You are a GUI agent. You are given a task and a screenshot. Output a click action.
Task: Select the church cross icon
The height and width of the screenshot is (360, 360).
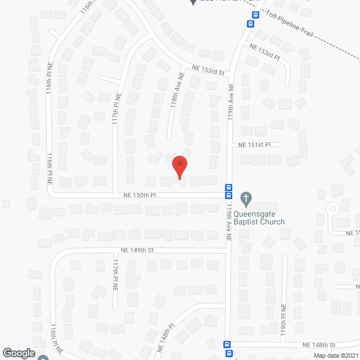click(245, 198)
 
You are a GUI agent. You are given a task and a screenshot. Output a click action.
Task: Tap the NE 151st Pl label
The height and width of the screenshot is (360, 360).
click(254, 145)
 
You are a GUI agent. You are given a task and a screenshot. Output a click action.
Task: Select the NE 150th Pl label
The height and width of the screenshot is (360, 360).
click(140, 195)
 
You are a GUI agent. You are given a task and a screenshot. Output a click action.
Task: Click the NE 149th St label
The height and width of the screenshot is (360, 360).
click(137, 250)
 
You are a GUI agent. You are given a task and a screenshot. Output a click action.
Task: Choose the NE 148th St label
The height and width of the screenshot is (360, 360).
click(318, 344)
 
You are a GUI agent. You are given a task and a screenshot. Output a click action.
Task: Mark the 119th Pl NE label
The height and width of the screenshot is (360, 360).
click(284, 321)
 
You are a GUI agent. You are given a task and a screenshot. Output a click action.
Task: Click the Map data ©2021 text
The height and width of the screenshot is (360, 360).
click(335, 355)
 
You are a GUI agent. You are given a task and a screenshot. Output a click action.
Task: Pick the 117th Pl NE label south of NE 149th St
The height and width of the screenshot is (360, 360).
click(115, 274)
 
